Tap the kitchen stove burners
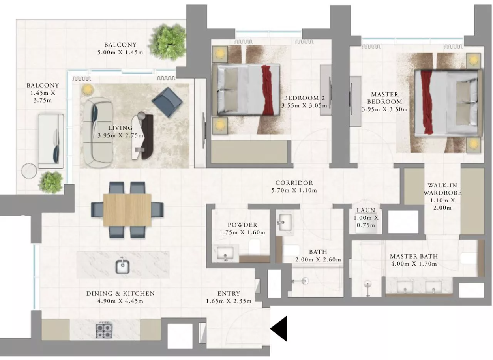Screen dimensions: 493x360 104,331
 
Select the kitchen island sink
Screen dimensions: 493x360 123,266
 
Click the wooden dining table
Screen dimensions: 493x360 127,210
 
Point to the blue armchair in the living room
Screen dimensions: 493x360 167,103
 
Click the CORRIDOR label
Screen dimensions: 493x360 294,183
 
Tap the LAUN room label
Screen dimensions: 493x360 366,210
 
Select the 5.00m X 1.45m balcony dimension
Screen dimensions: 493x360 120,52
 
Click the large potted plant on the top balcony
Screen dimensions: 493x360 168,41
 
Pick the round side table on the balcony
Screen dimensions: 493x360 29,171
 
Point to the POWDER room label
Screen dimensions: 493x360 242,225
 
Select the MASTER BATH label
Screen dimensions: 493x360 414,256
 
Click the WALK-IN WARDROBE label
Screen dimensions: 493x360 442,189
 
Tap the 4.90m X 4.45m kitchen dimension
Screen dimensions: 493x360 120,301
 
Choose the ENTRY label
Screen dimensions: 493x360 229,294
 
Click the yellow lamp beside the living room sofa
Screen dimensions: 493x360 87,90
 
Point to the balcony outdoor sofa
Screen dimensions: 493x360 51,141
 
